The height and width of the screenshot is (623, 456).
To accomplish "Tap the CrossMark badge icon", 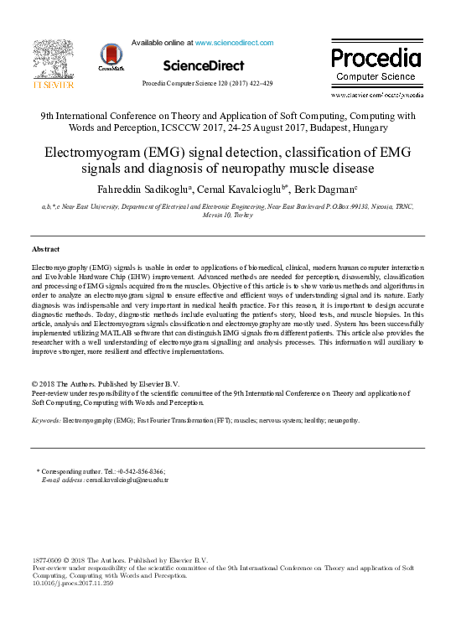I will click(x=111, y=56).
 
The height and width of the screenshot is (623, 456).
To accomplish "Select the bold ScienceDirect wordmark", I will click(x=204, y=65).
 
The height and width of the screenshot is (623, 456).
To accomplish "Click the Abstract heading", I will click(x=45, y=250).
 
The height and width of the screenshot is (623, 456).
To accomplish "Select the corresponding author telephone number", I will click(x=138, y=472).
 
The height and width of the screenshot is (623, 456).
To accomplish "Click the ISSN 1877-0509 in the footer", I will click(x=45, y=559).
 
